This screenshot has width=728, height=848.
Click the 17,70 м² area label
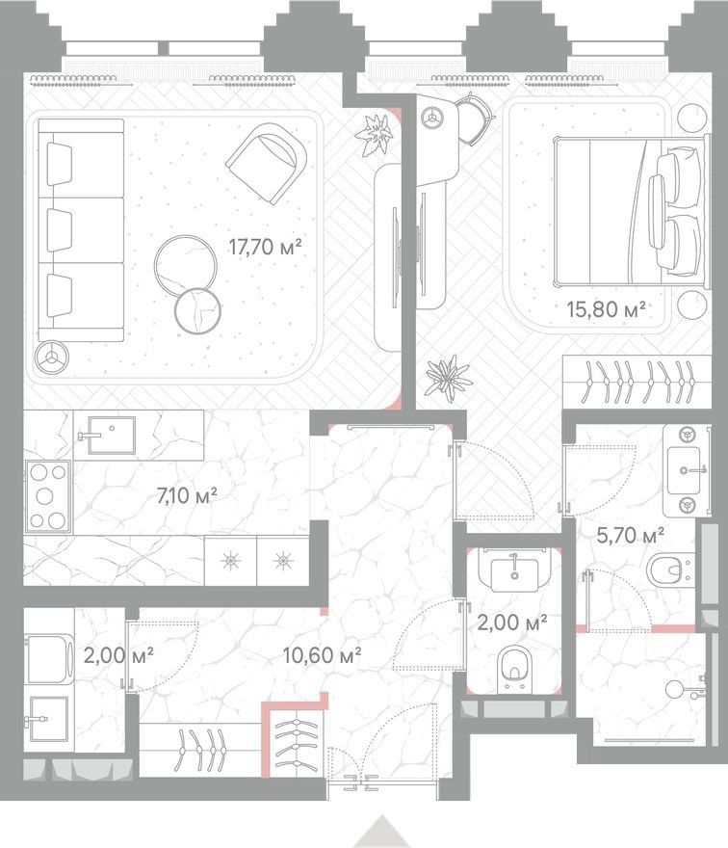coord(265,247)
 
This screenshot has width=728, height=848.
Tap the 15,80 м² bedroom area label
coord(606,309)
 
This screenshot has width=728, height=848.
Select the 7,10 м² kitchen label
coord(187,495)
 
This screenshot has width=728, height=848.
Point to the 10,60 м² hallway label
coord(323,655)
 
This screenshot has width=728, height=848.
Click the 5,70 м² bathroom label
coord(630,536)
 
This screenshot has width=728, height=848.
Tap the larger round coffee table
coord(186,265)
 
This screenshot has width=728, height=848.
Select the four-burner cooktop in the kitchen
coord(47,496)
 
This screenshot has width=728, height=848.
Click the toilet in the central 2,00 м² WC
coord(514,669)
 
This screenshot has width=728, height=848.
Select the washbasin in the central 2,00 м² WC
coord(514,571)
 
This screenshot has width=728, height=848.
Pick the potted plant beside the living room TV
coord(374,135)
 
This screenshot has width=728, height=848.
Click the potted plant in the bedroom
coord(447,378)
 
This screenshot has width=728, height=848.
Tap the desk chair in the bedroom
coord(475,118)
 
